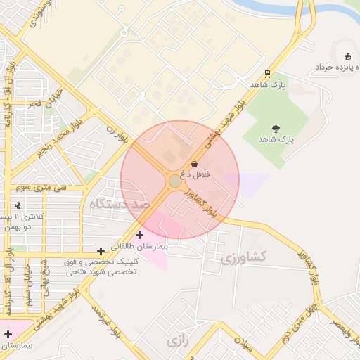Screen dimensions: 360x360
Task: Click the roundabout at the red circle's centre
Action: [175, 181]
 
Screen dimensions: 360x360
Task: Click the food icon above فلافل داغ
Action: [194, 164]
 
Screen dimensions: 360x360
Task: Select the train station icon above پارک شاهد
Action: [267, 73]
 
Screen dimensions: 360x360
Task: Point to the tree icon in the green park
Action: [275, 129]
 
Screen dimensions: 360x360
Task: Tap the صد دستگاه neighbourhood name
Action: [120, 205]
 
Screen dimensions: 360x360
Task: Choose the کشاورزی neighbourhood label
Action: [243, 258]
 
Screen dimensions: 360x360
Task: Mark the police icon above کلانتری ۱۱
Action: [18, 205]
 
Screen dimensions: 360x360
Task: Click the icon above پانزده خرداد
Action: [346, 56]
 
